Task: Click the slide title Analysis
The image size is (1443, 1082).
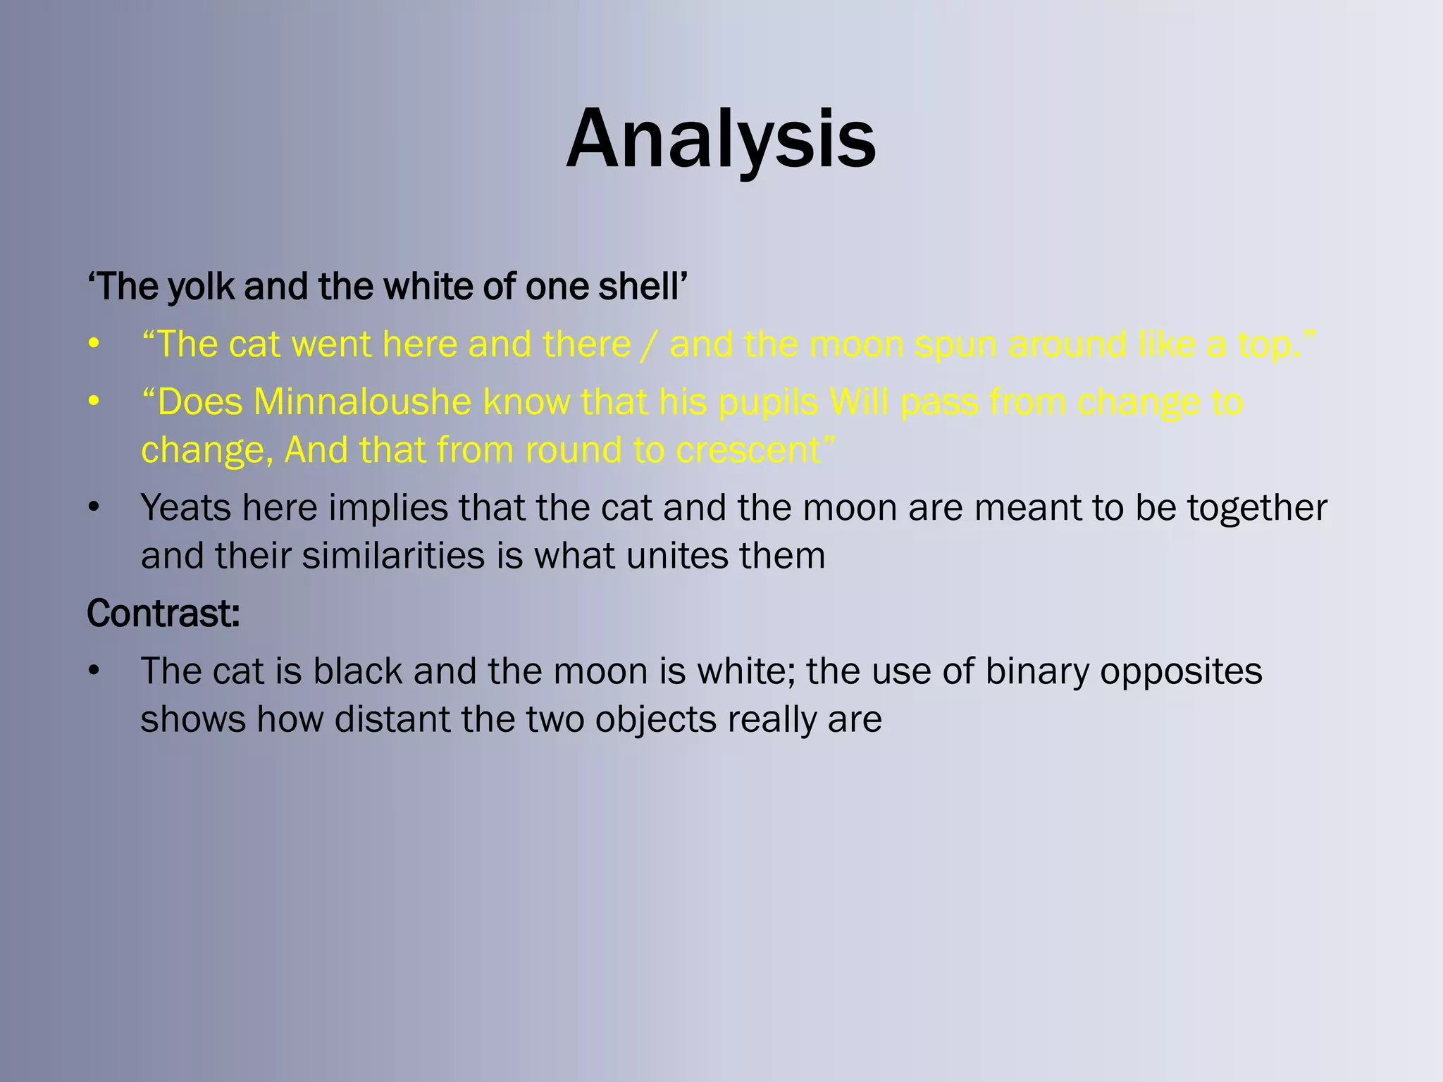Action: tap(721, 139)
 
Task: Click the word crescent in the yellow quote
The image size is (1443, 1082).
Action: tap(755, 451)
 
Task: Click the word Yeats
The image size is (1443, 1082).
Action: tap(185, 508)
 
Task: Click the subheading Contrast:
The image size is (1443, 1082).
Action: tap(163, 614)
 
